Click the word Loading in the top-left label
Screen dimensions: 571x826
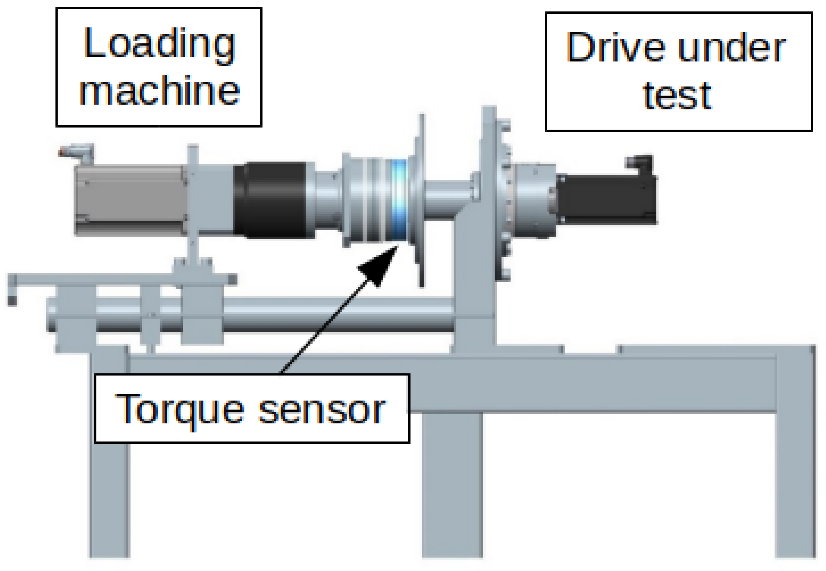[159, 45]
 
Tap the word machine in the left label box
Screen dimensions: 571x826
[159, 91]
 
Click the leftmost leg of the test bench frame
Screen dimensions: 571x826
[109, 465]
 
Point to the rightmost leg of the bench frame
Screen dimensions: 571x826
[794, 465]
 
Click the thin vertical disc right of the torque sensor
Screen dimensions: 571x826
[422, 200]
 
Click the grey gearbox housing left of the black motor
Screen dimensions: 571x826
[533, 200]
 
